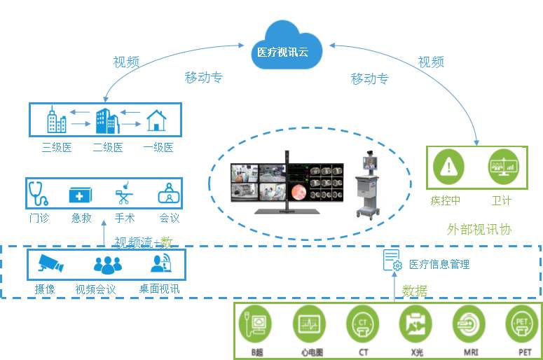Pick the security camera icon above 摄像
(x=50, y=263)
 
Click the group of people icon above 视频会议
(x=107, y=265)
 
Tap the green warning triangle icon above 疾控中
(x=446, y=167)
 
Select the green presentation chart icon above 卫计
(x=502, y=167)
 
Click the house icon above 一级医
(x=157, y=120)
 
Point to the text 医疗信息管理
(x=439, y=264)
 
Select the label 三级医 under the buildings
(x=56, y=147)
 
